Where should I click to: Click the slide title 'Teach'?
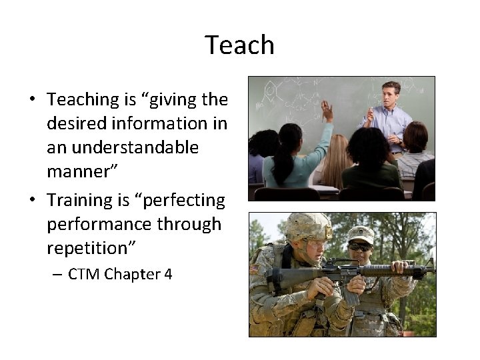tap(239, 45)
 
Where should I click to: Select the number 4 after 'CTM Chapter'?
tap(167, 274)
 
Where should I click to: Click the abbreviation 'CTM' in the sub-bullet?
tap(84, 274)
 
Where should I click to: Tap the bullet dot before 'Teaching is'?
tap(32, 101)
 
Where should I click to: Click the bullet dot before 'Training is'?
tap(32, 201)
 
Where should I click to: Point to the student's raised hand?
tap(327, 109)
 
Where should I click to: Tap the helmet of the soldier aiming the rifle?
tap(308, 227)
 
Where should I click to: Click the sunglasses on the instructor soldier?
tap(361, 247)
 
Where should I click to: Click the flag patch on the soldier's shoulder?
tap(254, 269)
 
